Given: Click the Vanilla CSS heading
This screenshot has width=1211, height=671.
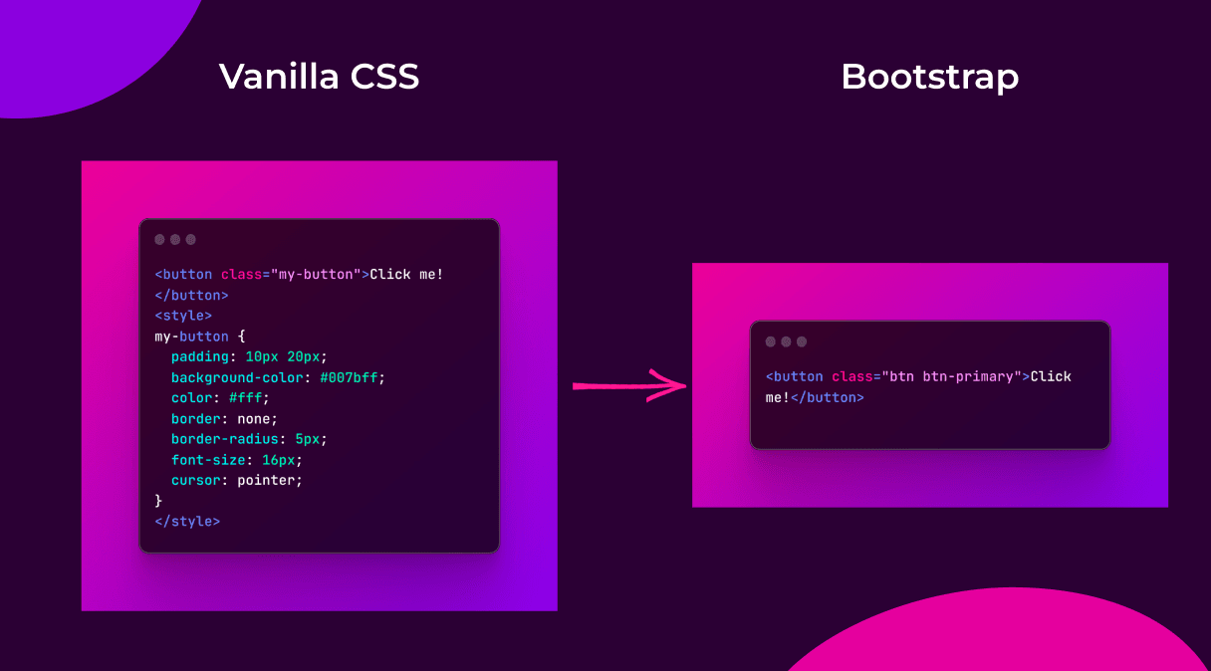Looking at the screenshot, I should pos(319,77).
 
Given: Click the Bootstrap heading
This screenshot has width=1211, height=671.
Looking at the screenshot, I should pos(929,77).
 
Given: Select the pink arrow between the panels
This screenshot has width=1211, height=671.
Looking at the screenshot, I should pos(630,385).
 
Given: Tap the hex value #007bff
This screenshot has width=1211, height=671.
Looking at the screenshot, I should pos(352,377).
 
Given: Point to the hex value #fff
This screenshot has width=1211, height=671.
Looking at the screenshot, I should pos(248,398).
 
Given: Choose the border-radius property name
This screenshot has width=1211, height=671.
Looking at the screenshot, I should pos(224,439).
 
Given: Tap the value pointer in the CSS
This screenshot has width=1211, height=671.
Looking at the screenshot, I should pos(269,480).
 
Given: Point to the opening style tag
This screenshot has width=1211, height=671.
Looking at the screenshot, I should pos(183,316).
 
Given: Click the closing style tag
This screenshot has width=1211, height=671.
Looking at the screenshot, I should pos(187,521).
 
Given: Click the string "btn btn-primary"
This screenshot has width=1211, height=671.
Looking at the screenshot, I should pos(950,376).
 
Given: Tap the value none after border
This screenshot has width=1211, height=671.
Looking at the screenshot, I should pos(257,418).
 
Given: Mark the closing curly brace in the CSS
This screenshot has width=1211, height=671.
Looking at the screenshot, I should pos(158,501).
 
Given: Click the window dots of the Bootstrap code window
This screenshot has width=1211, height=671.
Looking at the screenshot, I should pos(786,341).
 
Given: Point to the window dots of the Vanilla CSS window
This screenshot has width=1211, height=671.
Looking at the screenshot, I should pos(175,239).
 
